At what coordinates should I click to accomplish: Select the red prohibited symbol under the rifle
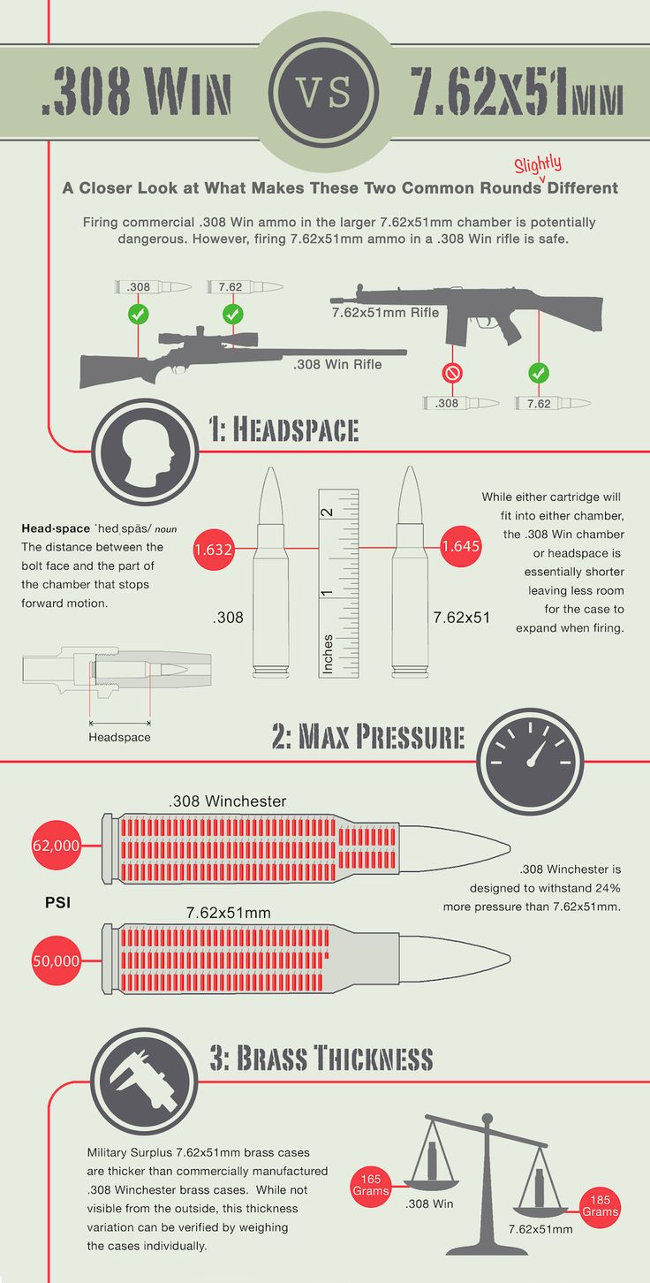[x=452, y=374]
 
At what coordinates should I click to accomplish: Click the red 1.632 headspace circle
[x=213, y=550]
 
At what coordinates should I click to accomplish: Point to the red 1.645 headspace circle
[x=460, y=546]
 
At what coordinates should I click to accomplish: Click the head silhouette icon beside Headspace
[x=145, y=452]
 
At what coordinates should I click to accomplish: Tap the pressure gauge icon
[x=530, y=762]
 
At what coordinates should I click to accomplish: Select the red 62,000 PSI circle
[x=57, y=846]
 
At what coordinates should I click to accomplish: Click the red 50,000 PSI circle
[x=57, y=960]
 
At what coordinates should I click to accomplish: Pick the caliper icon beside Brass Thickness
[x=144, y=1082]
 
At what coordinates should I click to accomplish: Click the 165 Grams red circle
[x=371, y=1186]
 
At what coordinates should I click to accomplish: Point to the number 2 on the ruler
[x=327, y=512]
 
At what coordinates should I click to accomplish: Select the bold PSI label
[x=57, y=903]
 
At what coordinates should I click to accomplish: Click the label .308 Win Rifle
[x=337, y=364]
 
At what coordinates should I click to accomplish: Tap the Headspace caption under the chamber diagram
[x=120, y=737]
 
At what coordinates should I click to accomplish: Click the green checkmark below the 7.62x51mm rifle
[x=539, y=374]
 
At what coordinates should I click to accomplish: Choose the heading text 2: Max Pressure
[x=367, y=737]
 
